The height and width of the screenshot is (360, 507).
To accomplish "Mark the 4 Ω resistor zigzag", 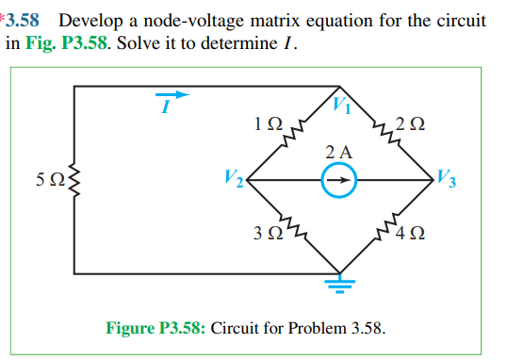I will (386, 228).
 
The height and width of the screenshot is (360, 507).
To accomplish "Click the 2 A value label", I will (338, 151).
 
